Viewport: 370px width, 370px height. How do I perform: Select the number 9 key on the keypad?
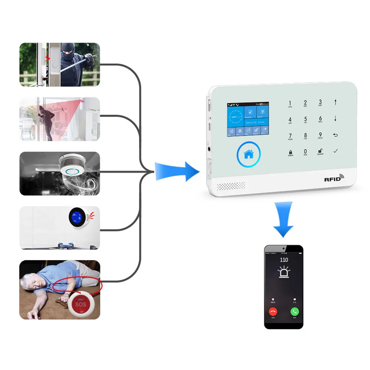320,136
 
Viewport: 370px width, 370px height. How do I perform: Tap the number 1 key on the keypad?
290,103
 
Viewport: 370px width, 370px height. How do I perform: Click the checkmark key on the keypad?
336,151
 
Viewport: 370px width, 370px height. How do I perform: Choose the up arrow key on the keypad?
336,102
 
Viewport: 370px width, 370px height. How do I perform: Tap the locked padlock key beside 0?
290,152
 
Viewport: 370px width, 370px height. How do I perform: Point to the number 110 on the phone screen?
284,260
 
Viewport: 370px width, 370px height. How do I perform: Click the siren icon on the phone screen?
284,273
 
